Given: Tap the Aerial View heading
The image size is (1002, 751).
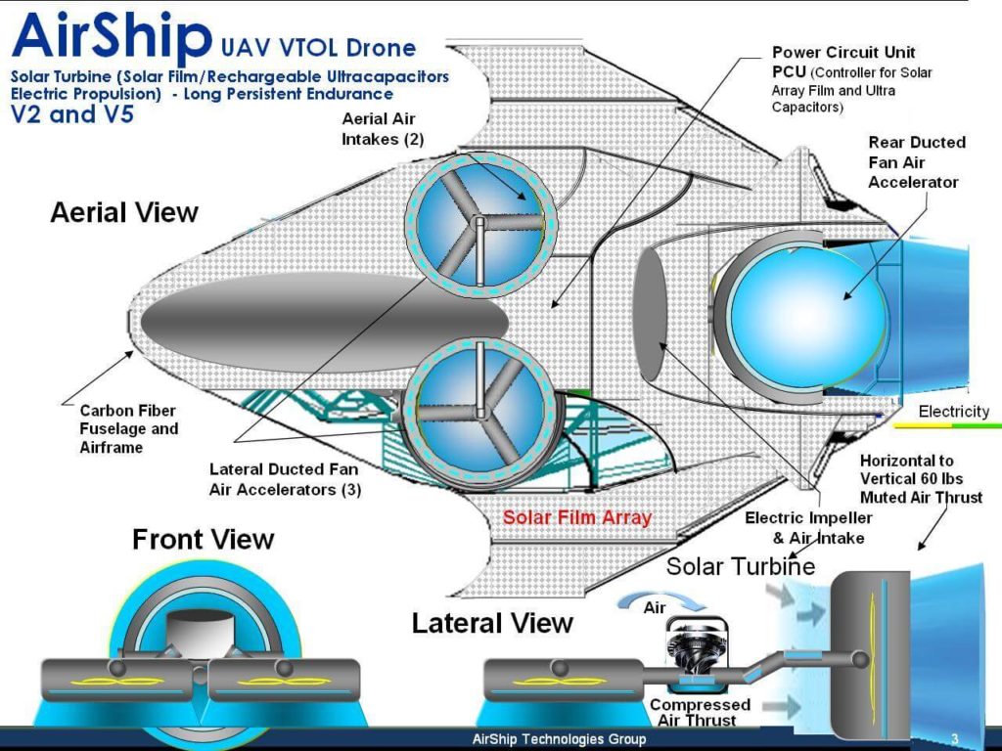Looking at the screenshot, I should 124,212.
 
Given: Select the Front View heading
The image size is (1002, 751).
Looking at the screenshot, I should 204,539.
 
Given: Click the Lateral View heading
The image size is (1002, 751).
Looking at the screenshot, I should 492,623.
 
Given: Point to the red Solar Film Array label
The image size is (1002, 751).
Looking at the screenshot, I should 577,517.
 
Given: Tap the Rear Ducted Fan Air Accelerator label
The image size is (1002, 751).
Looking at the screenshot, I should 916,162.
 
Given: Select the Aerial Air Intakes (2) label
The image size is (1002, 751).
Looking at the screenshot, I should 383,128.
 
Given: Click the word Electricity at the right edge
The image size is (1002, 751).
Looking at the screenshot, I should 953,412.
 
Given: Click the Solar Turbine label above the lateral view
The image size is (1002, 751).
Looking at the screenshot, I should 741,566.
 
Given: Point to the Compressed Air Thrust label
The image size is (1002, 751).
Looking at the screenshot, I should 700,712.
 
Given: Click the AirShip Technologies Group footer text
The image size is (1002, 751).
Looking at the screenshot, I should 559,739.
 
